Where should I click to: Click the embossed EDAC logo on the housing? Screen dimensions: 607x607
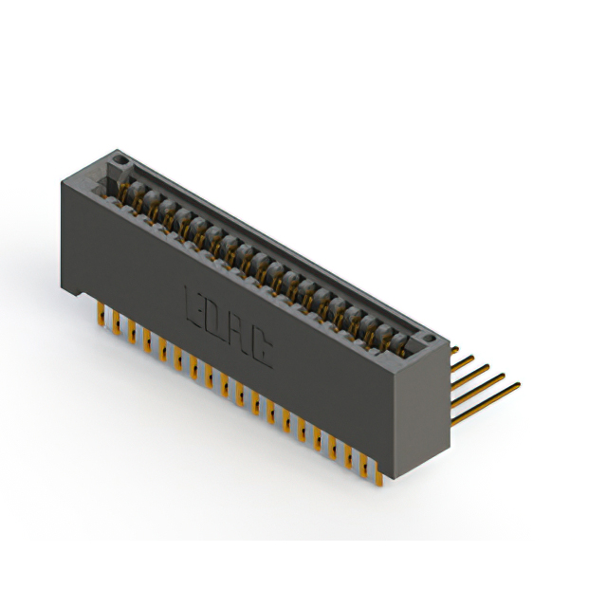[226, 325]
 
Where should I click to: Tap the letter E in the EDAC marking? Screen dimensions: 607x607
[193, 305]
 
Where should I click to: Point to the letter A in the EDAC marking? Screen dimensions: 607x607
[237, 333]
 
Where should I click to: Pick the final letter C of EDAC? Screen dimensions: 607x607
[260, 347]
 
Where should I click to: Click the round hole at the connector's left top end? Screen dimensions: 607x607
[120, 157]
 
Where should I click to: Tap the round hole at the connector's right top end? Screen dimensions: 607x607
[429, 337]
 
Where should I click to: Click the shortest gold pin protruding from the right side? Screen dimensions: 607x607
[459, 352]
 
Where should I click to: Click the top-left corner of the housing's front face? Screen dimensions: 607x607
[63, 177]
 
